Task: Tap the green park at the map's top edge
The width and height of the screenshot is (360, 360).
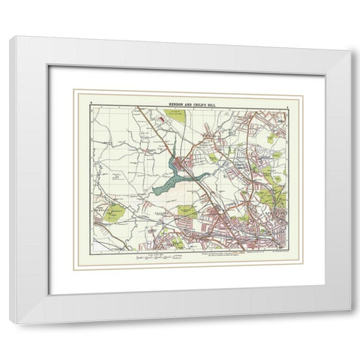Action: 172,115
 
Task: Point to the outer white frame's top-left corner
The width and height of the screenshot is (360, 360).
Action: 13,37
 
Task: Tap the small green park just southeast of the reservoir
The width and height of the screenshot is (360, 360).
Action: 187,211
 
